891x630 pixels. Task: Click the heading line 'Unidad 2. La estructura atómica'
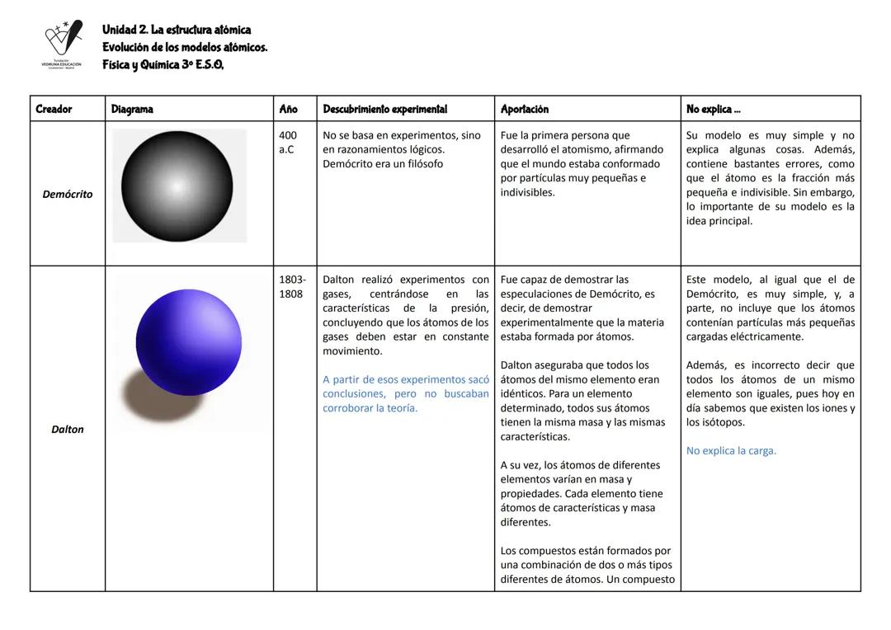[x=177, y=30]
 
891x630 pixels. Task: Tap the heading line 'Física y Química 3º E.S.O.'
[x=163, y=65]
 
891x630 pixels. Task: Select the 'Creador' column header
[x=54, y=109]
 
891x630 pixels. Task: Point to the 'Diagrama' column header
[x=131, y=109]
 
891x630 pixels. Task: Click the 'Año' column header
[x=288, y=109]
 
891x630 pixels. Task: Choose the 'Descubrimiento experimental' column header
[x=384, y=109]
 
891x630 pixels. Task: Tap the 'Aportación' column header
[x=524, y=109]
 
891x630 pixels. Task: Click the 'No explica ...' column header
[x=713, y=109]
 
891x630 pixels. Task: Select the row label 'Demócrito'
[x=68, y=195]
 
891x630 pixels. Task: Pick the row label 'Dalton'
[x=68, y=430]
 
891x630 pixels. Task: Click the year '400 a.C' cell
[x=288, y=143]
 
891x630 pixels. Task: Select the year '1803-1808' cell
[x=290, y=287]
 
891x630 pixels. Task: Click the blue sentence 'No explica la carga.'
[x=731, y=451]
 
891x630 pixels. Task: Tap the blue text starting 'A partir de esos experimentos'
[x=405, y=393]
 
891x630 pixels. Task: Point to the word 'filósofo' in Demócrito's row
[x=421, y=164]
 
